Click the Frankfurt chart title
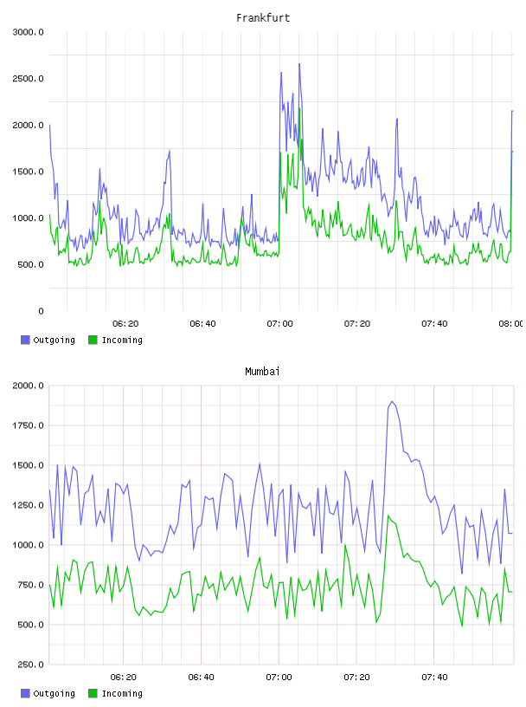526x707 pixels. pyautogui.click(x=263, y=17)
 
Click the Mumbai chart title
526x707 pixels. pyautogui.click(x=262, y=371)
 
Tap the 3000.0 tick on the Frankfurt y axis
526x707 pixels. pyautogui.click(x=28, y=32)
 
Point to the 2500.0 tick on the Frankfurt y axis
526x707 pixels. pyautogui.click(x=28, y=79)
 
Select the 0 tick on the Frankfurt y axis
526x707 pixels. pyautogui.click(x=41, y=311)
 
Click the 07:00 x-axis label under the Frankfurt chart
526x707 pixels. pyautogui.click(x=279, y=323)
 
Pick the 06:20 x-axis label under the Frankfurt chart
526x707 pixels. pyautogui.click(x=125, y=323)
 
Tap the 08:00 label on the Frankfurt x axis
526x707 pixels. pyautogui.click(x=510, y=323)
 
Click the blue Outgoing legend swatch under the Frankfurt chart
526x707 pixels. pyautogui.click(x=25, y=340)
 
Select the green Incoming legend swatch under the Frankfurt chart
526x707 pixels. pyautogui.click(x=93, y=340)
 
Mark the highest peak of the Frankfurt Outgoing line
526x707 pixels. pyautogui.click(x=299, y=64)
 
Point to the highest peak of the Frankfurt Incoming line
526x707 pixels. pyautogui.click(x=299, y=108)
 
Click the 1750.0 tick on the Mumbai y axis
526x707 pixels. pyautogui.click(x=28, y=425)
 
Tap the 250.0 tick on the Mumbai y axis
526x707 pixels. pyautogui.click(x=29, y=665)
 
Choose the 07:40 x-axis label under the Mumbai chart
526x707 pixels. pyautogui.click(x=434, y=677)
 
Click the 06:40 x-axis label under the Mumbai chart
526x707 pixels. pyautogui.click(x=202, y=677)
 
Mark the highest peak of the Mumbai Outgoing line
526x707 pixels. pyautogui.click(x=392, y=401)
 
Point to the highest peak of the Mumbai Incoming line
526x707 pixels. pyautogui.click(x=388, y=516)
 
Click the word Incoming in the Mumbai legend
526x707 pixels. pyautogui.click(x=122, y=693)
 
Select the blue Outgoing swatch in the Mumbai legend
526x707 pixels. pyautogui.click(x=25, y=693)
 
